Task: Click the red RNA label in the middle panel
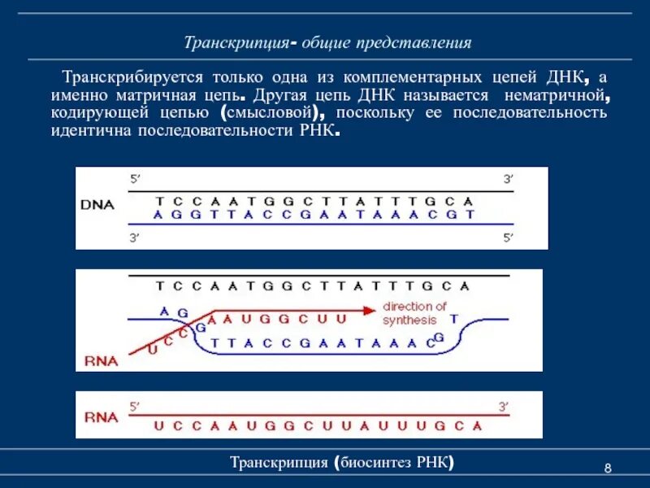click(x=100, y=360)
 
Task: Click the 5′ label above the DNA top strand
click(x=135, y=178)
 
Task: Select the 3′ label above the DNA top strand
click(x=507, y=178)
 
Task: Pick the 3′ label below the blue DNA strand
click(x=135, y=237)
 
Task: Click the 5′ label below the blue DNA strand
click(x=507, y=237)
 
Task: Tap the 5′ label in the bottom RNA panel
click(x=135, y=405)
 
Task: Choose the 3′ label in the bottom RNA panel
click(x=503, y=405)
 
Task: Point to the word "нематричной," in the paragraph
click(x=561, y=95)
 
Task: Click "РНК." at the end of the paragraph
click(x=318, y=131)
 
